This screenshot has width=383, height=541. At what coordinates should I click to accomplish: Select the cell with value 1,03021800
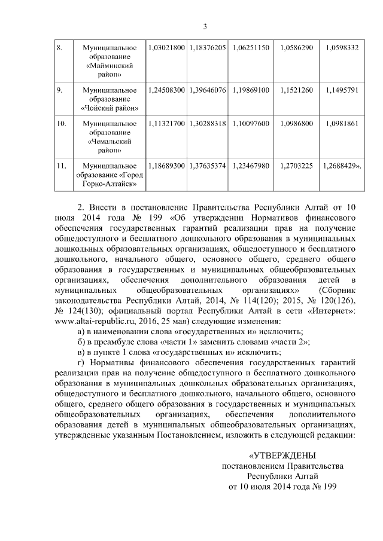(x=166, y=47)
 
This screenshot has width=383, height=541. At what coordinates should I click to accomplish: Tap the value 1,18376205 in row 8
(x=207, y=47)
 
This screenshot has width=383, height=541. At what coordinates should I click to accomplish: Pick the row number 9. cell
(x=60, y=90)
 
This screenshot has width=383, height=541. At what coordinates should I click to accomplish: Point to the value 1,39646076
(x=207, y=90)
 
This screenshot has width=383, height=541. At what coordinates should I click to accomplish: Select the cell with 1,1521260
(x=296, y=90)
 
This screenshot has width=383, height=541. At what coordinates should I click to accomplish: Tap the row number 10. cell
(x=61, y=124)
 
